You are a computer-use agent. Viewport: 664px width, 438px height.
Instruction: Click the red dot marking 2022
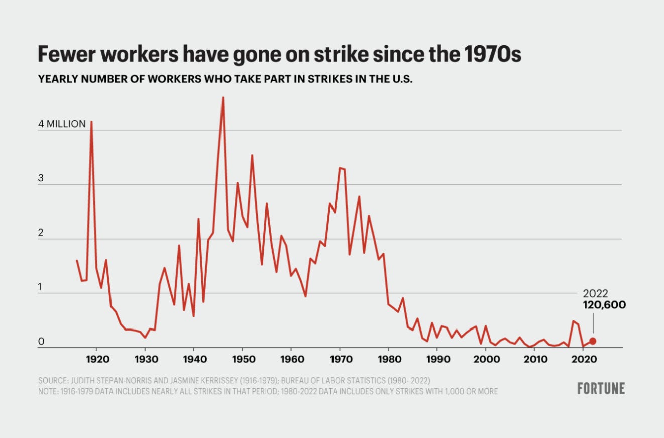click(593, 341)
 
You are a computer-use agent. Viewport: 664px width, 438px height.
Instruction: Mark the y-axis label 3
click(42, 178)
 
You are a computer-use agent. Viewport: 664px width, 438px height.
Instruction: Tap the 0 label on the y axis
click(42, 342)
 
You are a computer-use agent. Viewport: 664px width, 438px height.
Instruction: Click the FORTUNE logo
click(601, 388)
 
